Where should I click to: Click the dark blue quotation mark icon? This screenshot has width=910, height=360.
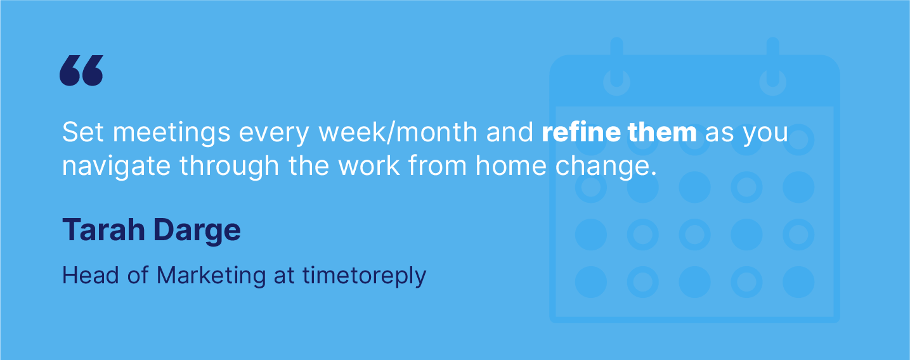81,70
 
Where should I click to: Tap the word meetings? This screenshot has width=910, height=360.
167,133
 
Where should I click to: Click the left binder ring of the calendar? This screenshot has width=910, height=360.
616,70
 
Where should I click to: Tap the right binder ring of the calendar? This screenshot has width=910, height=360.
772,70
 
